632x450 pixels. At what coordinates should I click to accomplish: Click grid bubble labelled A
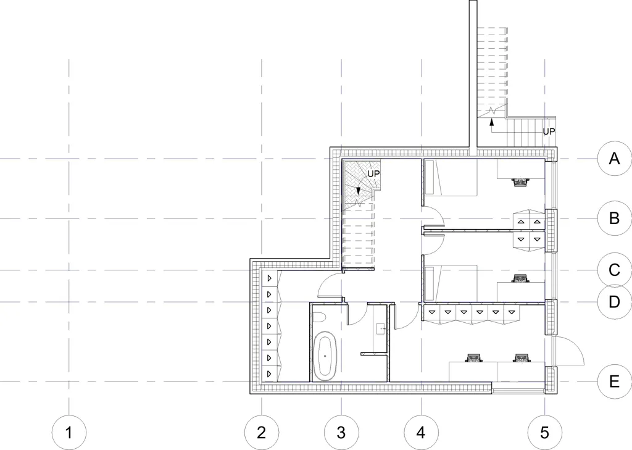(x=614, y=159)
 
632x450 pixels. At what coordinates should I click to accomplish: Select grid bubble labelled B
(x=614, y=218)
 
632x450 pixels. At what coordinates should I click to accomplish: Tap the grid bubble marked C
(x=614, y=270)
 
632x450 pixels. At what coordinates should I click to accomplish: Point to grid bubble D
(x=614, y=302)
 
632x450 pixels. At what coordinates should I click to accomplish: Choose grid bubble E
(x=614, y=381)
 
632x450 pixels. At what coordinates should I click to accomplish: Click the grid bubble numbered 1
(x=69, y=433)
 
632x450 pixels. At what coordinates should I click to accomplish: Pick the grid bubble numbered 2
(x=262, y=433)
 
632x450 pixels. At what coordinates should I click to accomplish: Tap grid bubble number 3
(x=341, y=433)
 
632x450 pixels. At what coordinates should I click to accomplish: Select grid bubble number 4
(x=421, y=433)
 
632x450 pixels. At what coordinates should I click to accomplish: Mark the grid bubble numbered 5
(x=544, y=433)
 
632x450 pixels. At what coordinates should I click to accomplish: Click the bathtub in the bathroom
(x=325, y=356)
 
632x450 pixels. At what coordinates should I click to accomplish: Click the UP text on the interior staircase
(x=373, y=174)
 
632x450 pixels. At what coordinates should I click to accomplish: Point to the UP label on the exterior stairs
(x=549, y=131)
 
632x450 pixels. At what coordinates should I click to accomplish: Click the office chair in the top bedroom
(x=520, y=182)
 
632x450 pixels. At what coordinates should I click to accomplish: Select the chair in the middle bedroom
(x=520, y=278)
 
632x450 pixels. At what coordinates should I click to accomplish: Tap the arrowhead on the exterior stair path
(x=491, y=122)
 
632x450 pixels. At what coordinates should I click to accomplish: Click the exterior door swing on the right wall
(x=568, y=351)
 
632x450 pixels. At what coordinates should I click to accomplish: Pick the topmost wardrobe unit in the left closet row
(x=269, y=278)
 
